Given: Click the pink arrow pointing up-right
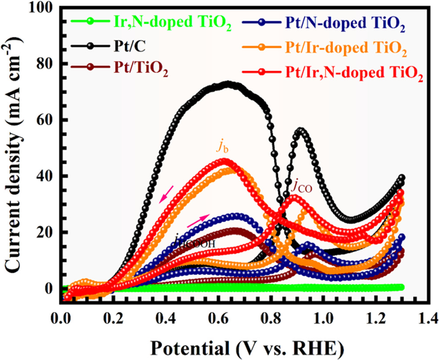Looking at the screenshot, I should click(x=198, y=221).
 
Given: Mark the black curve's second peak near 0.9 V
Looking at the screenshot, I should click(x=301, y=131).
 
